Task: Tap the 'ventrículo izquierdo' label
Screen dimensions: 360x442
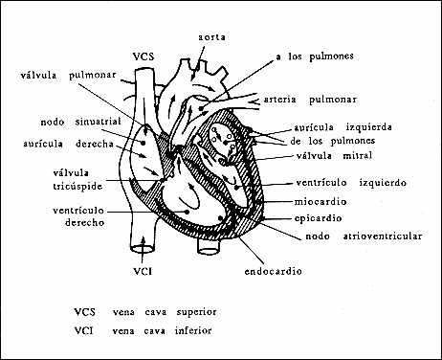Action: click(349, 182)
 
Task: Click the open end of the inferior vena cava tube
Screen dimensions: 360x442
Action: click(143, 252)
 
